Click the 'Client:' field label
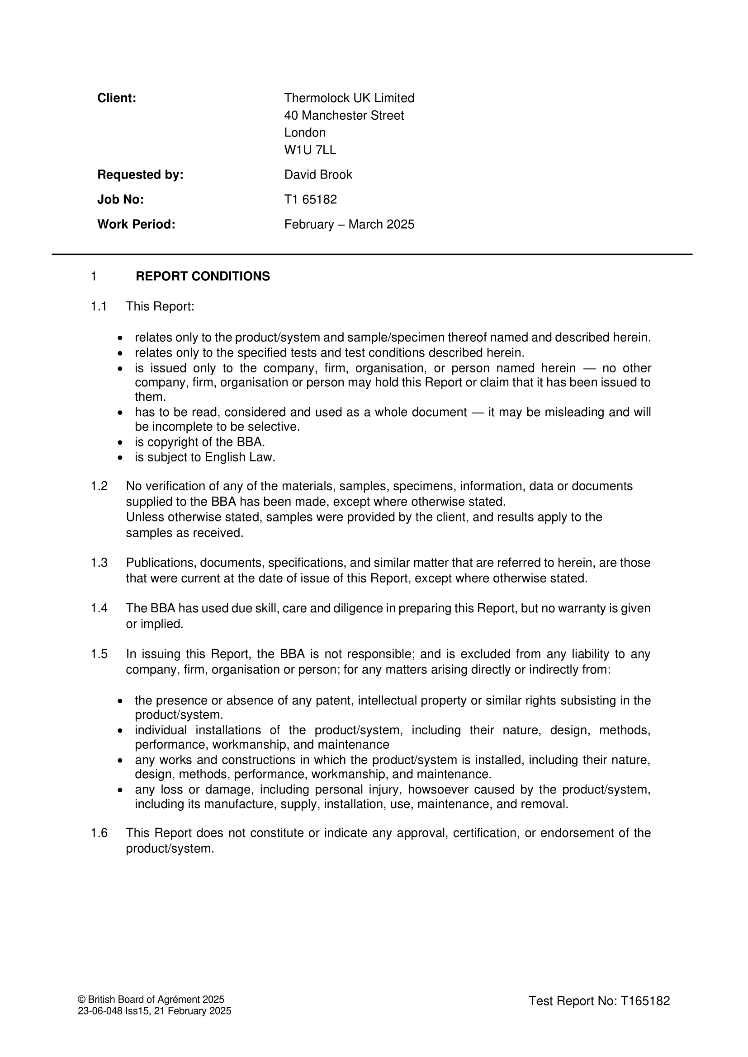[x=117, y=98]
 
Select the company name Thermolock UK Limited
[x=349, y=98]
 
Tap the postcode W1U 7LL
[x=310, y=150]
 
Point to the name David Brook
[x=318, y=175]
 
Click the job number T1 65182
[x=310, y=199]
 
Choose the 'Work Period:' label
[x=136, y=224]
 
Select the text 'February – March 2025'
[x=349, y=224]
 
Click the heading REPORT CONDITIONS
[x=203, y=276]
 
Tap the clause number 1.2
[x=99, y=486]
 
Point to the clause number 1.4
[x=99, y=609]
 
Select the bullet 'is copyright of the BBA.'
[x=200, y=442]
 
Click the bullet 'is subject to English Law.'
[x=205, y=457]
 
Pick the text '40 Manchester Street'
[x=344, y=116]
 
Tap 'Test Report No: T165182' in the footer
[x=599, y=1001]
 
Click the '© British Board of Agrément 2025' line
[x=151, y=1000]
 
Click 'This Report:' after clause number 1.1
[x=160, y=306]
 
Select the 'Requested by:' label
[x=141, y=175]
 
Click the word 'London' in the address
[x=305, y=132]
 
